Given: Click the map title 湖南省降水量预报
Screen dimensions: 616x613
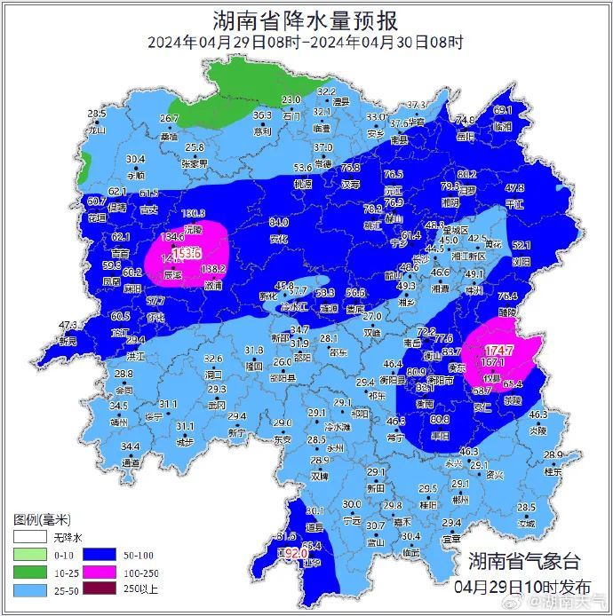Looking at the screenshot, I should [306, 20].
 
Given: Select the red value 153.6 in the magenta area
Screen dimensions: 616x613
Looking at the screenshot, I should [187, 254].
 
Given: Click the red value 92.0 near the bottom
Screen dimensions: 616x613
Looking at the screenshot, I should [292, 552].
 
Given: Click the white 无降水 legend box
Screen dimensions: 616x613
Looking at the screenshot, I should [28, 538].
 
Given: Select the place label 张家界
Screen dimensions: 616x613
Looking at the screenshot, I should [194, 163].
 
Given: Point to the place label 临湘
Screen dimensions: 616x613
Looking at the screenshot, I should [503, 126].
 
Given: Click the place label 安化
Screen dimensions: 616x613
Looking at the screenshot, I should [279, 238].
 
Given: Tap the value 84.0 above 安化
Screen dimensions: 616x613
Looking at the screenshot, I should [279, 222].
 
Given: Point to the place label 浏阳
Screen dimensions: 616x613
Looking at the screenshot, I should [521, 262].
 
